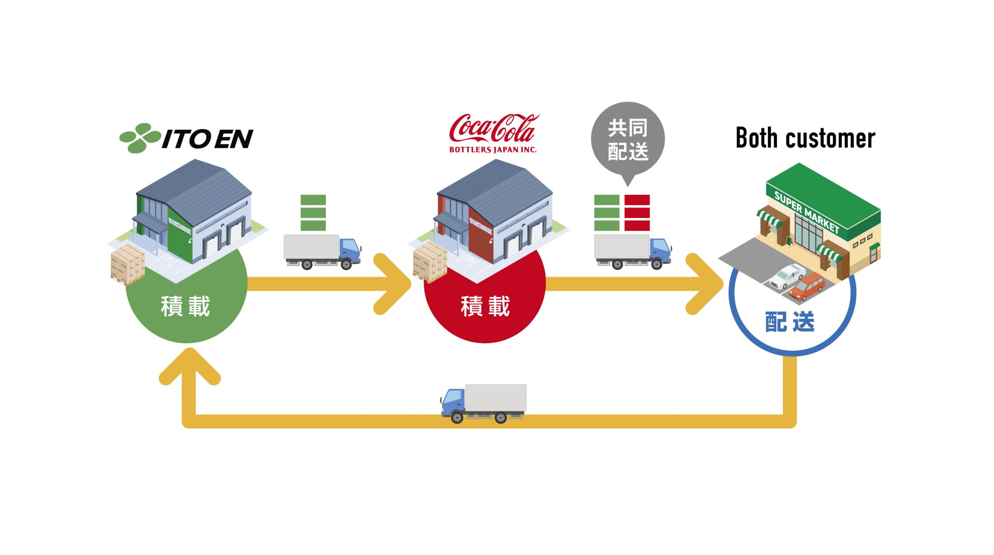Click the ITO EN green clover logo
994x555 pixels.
[x=140, y=138]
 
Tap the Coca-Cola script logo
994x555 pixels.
[x=493, y=128]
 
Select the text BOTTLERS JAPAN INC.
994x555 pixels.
[x=493, y=150]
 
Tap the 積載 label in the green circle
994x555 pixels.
[x=186, y=306]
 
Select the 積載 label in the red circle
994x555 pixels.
[x=485, y=306]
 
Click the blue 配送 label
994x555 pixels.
[x=790, y=322]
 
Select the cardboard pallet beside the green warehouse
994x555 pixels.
[x=128, y=264]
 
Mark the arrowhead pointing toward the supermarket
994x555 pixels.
[x=705, y=284]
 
